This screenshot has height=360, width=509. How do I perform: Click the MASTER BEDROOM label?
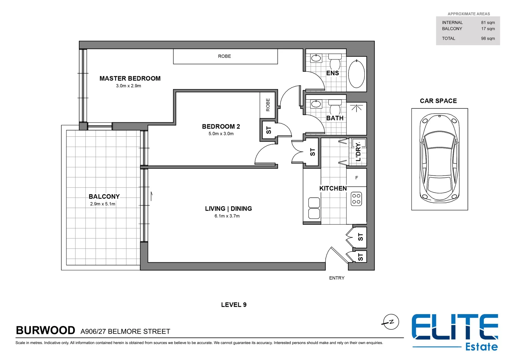point(130,78)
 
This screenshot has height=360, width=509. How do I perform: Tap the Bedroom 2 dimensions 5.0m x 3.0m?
point(221,134)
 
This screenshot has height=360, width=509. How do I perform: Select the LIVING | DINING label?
point(228,209)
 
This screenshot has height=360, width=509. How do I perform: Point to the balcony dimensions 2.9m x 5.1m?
point(103,204)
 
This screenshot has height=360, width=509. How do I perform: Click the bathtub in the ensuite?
point(356,74)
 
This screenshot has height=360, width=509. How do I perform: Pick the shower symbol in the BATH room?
point(356,108)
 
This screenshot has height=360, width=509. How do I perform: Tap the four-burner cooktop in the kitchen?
point(356,199)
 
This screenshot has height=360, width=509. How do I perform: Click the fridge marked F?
point(356,178)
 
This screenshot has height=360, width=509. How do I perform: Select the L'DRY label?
point(358,152)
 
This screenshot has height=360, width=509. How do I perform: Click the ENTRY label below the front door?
point(337,278)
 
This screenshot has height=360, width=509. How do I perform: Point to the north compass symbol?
point(391,322)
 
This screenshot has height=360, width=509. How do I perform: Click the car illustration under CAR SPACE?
point(439,159)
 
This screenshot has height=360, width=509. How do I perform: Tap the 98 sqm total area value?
point(488,39)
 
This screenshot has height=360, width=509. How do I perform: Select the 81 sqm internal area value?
point(488,23)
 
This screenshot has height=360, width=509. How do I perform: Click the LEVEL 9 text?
point(234,305)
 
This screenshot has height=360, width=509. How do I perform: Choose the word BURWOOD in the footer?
point(46,330)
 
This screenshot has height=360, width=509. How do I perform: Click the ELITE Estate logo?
point(455,332)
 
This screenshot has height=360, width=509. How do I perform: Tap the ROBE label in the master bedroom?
point(224,56)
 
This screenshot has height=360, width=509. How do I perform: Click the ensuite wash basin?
point(316,59)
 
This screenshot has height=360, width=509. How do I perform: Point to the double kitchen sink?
point(314,208)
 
